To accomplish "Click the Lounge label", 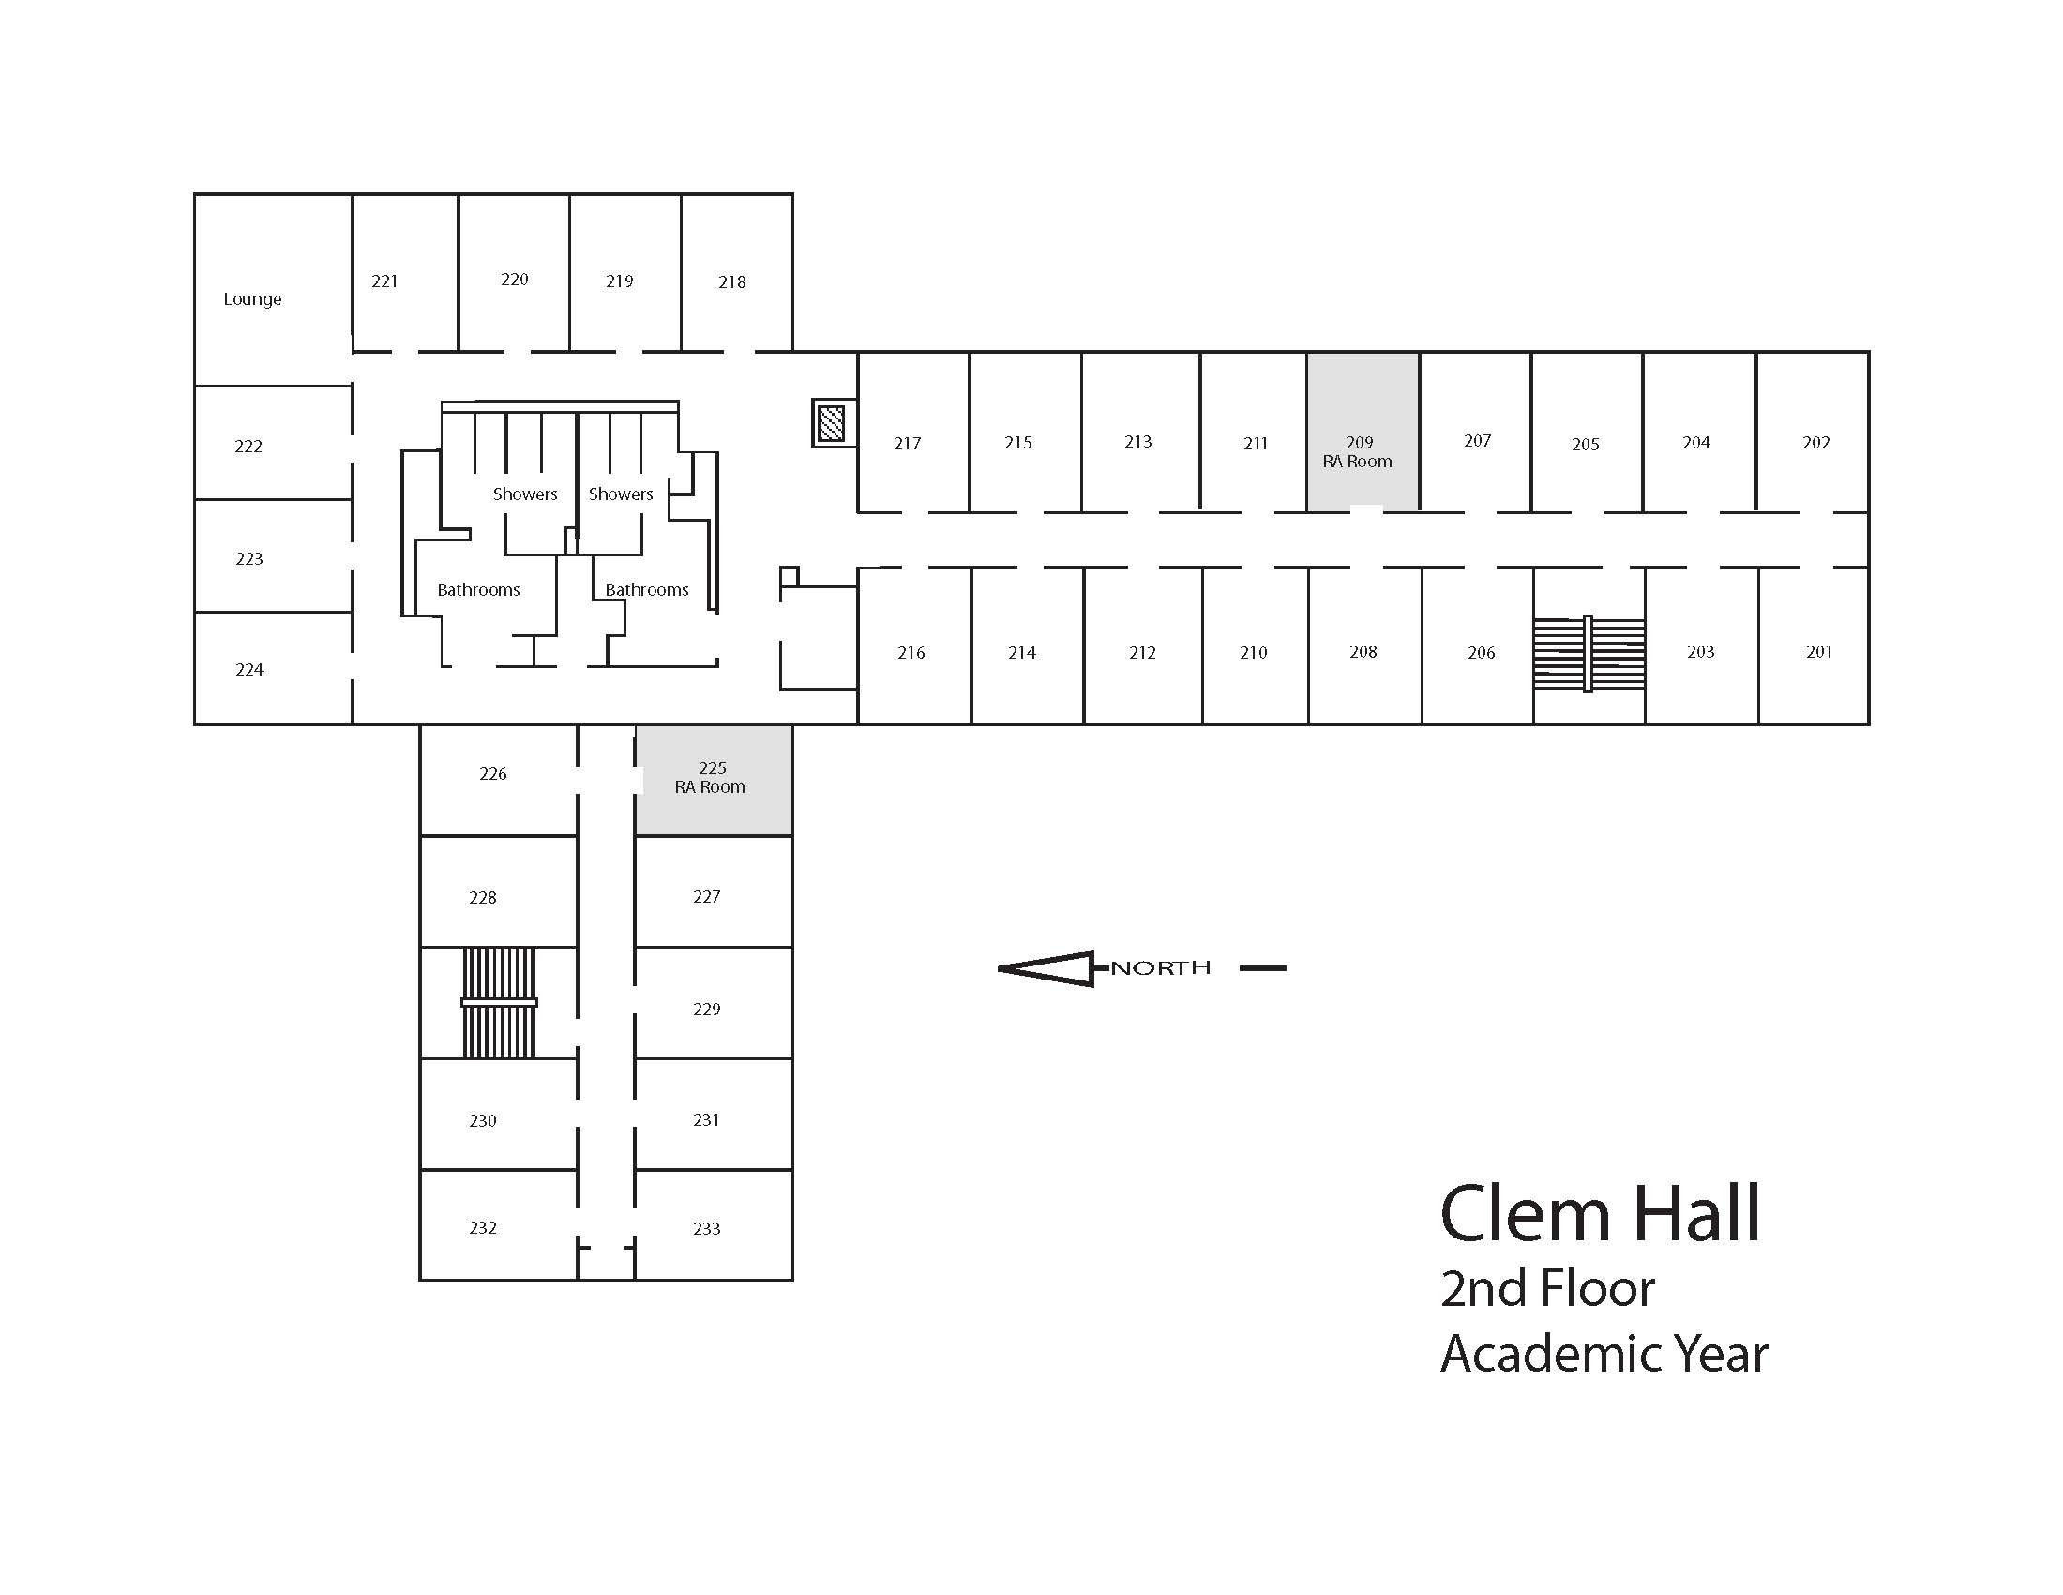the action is click(x=252, y=299).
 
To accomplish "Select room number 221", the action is click(x=384, y=281).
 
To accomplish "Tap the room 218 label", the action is click(x=732, y=281).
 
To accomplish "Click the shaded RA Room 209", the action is click(x=1363, y=432).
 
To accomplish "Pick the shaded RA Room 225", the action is click(x=715, y=781).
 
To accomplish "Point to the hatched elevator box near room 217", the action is click(x=831, y=422).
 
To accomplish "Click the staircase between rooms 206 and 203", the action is click(x=1589, y=653).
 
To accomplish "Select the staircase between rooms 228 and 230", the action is click(x=499, y=1003).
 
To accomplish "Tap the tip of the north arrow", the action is click(x=1000, y=968).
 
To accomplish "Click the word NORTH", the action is click(x=1160, y=967).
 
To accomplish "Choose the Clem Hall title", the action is click(x=1600, y=1213).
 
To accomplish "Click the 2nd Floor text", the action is click(x=1547, y=1289).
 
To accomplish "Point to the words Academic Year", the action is click(x=1604, y=1354).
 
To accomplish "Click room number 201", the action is click(x=1819, y=651).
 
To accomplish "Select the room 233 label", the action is click(x=706, y=1228).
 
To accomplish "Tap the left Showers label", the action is click(x=525, y=494).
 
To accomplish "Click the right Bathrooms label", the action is click(x=647, y=589).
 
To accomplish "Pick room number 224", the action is click(x=249, y=669).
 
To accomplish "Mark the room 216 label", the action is click(x=911, y=652).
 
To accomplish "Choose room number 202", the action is click(x=1816, y=442).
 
